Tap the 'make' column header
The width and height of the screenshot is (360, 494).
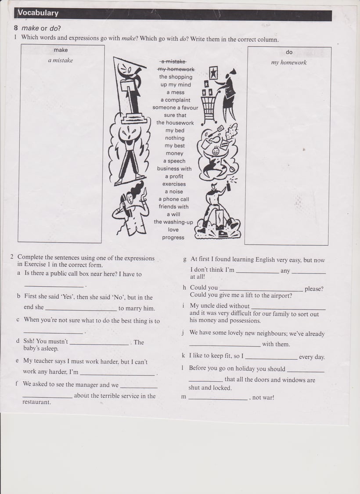tap(61, 50)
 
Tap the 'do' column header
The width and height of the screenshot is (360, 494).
tap(289, 52)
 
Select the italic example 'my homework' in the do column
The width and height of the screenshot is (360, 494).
tap(288, 63)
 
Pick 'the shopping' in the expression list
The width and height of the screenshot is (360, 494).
tap(176, 77)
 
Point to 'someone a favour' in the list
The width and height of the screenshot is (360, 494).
tap(175, 108)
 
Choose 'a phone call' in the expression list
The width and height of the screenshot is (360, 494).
tap(174, 199)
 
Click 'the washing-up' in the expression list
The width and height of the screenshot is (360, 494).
tap(173, 222)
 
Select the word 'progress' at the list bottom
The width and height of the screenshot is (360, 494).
tap(173, 238)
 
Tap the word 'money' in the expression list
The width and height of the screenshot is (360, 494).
tap(174, 153)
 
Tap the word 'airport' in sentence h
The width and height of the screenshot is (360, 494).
tap(280, 296)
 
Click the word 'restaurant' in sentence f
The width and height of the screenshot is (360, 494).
tap(37, 402)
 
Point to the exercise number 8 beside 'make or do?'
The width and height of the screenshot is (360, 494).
tap(16, 28)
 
